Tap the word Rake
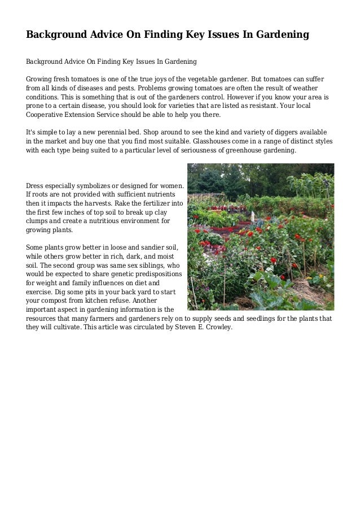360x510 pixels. click(x=123, y=202)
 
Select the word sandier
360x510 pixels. click(x=144, y=247)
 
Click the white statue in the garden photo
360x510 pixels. click(x=253, y=216)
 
